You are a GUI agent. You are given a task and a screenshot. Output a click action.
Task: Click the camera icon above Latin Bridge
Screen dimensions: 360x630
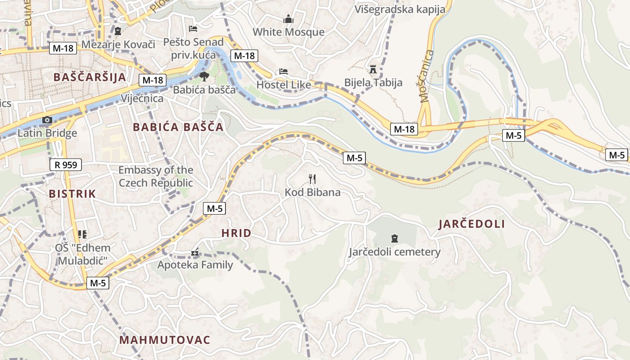pyautogui.click(x=47, y=120)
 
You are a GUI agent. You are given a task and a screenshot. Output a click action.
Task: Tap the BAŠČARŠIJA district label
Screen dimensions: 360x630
pyautogui.click(x=90, y=77)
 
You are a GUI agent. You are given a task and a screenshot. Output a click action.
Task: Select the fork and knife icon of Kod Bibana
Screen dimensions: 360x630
pyautogui.click(x=312, y=179)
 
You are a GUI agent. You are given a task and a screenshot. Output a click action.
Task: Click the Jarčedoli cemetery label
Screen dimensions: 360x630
pyautogui.click(x=395, y=252)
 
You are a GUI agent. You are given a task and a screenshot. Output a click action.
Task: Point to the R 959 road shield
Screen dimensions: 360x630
pyautogui.click(x=66, y=165)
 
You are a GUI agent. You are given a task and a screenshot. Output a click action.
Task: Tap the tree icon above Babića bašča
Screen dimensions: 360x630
pyautogui.click(x=204, y=76)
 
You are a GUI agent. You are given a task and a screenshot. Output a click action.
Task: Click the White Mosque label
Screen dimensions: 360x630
pyautogui.click(x=288, y=32)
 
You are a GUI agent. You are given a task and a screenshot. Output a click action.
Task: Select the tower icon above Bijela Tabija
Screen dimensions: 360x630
pyautogui.click(x=373, y=69)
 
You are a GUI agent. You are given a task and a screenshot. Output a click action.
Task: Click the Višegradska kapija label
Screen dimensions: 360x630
pyautogui.click(x=400, y=9)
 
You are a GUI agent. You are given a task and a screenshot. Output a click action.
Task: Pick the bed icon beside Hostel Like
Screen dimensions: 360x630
pyautogui.click(x=283, y=72)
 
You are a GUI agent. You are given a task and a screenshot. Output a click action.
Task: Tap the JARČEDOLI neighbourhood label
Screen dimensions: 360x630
pyautogui.click(x=472, y=224)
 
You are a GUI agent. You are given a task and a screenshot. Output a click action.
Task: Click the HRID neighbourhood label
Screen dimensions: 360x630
pyautogui.click(x=236, y=233)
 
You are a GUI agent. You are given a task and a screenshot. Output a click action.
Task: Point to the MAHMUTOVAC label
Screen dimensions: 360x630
pyautogui.click(x=165, y=340)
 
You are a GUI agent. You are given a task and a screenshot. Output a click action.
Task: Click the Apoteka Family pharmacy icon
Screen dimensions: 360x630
pyautogui.click(x=195, y=253)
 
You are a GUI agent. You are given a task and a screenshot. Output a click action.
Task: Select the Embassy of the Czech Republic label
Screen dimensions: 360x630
pyautogui.click(x=156, y=176)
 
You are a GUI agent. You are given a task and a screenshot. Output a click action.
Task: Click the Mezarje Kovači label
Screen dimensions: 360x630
pyautogui.click(x=118, y=44)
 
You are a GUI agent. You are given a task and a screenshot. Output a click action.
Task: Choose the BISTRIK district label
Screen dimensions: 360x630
pyautogui.click(x=72, y=194)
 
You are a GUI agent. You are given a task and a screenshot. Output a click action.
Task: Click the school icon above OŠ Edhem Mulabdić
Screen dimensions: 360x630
pyautogui.click(x=82, y=234)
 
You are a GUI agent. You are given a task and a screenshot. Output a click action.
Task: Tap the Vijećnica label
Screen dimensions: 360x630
pyautogui.click(x=142, y=98)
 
